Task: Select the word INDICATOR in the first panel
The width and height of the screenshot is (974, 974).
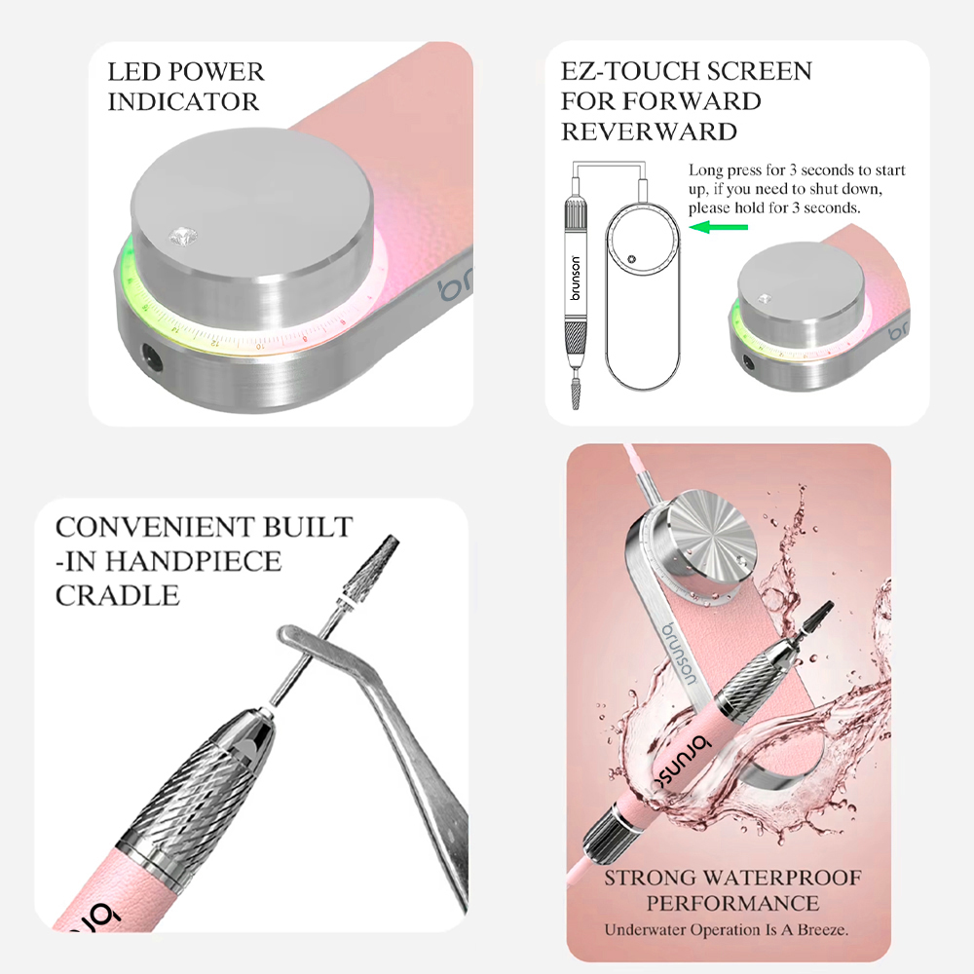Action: [183, 102]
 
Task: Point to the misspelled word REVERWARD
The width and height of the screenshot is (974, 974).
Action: [649, 131]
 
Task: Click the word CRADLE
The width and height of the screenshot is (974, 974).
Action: [118, 596]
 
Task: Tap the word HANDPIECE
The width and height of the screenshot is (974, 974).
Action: [193, 562]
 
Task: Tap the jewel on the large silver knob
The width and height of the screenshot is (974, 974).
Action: [184, 236]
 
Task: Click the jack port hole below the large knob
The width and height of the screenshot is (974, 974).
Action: [151, 356]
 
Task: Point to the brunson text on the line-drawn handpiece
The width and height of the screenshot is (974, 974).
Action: [576, 278]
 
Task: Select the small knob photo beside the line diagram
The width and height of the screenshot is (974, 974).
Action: [817, 311]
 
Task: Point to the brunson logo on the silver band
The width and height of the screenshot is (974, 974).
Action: [680, 655]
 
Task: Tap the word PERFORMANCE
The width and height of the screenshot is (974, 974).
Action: [732, 903]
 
